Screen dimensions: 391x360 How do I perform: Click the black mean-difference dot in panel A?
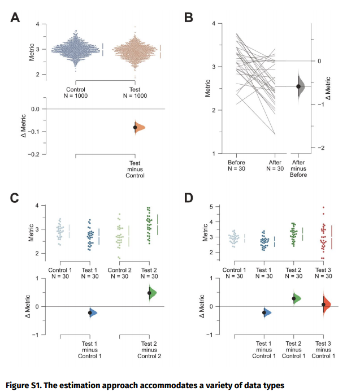135,128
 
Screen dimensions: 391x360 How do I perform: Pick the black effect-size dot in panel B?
299,86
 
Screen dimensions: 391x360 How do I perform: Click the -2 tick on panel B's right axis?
318,147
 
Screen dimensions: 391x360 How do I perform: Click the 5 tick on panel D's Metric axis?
215,207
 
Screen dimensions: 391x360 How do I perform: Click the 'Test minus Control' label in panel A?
135,170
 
